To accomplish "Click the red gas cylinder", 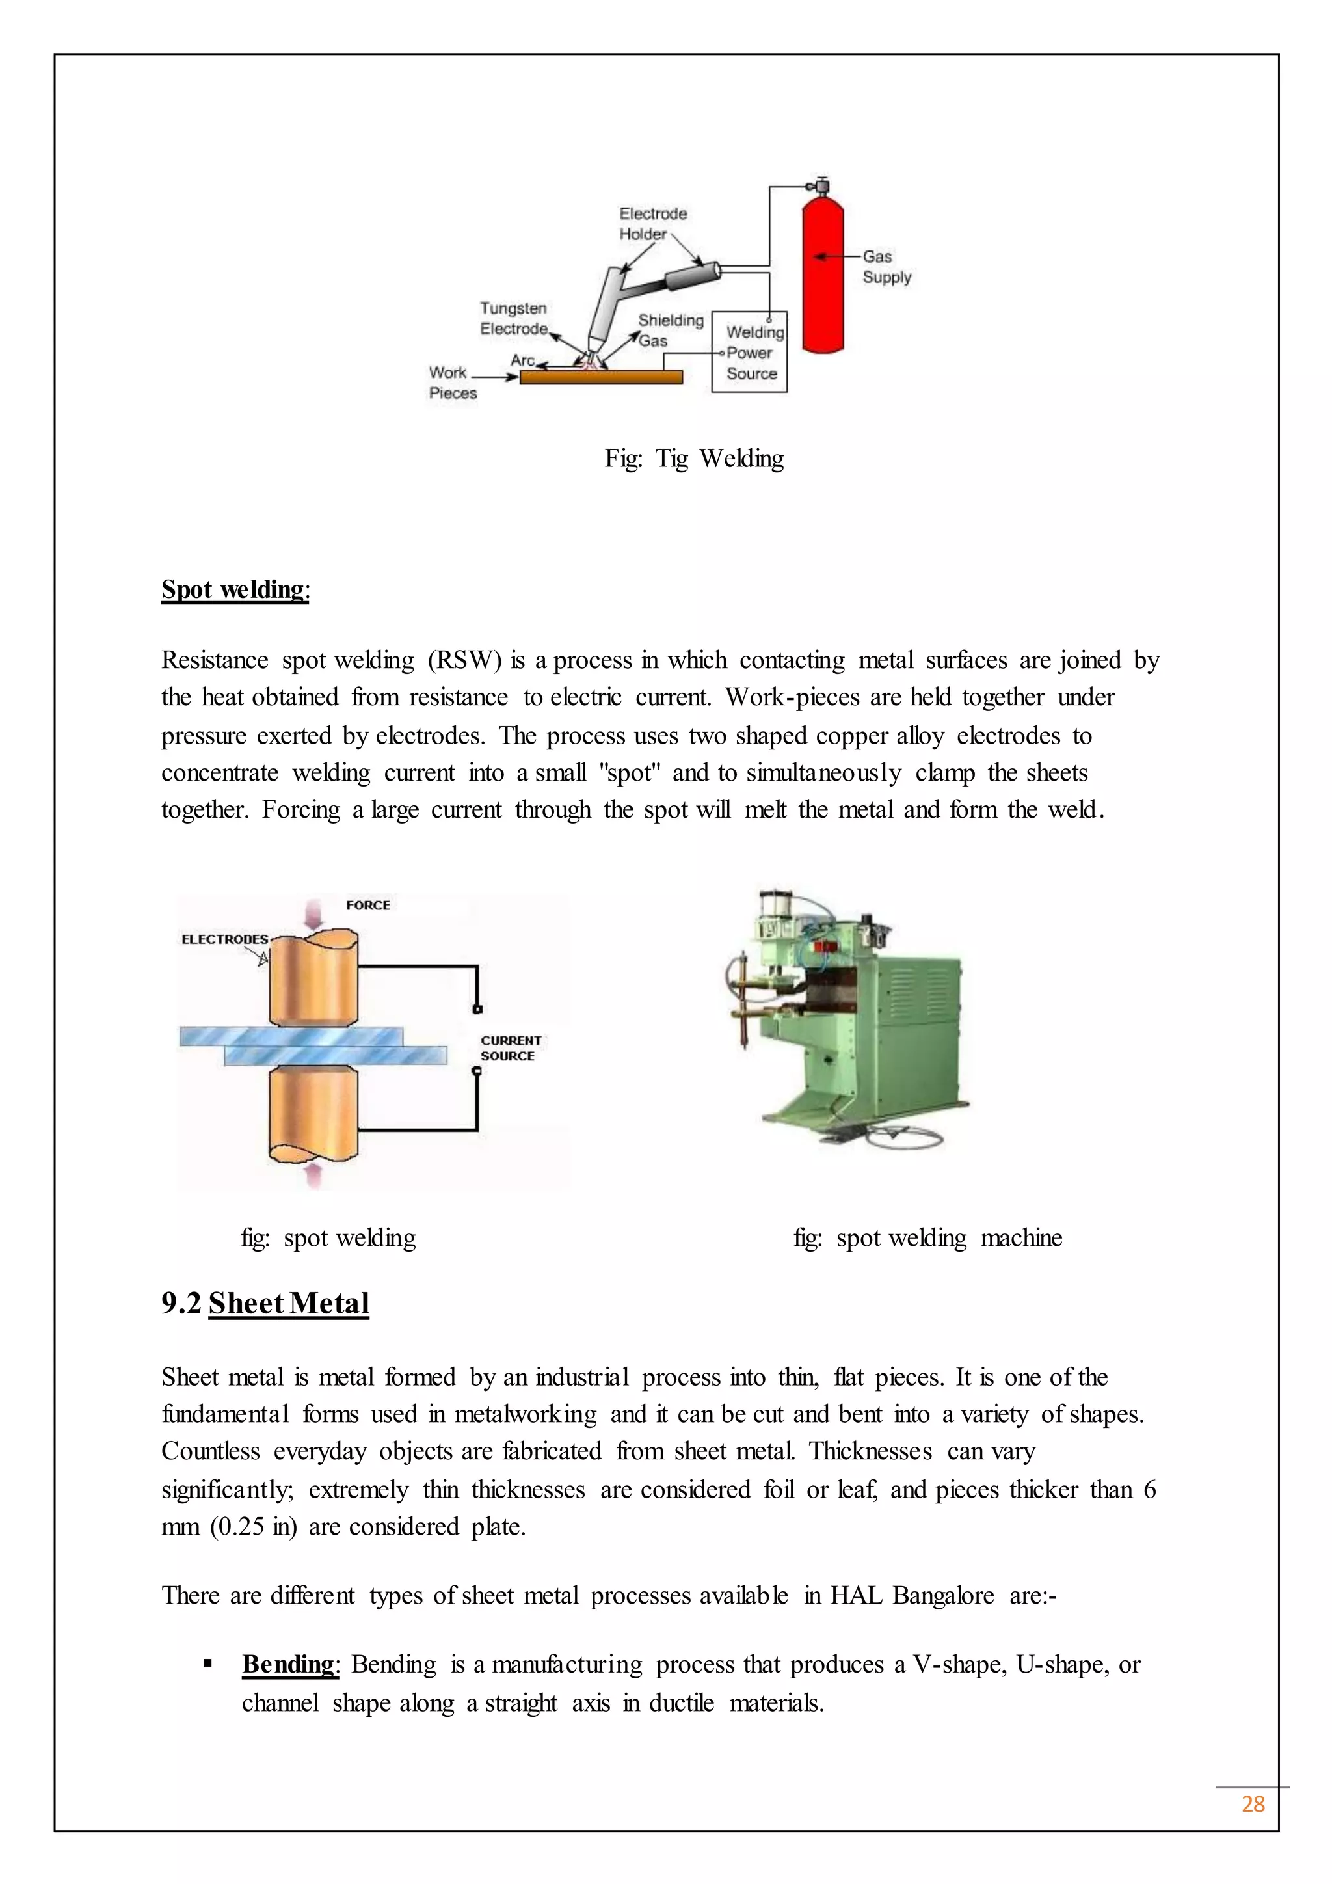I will [823, 275].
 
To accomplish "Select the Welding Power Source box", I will [749, 353].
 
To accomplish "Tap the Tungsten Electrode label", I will [513, 318].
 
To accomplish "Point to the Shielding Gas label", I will [670, 330].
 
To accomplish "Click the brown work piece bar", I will [601, 377].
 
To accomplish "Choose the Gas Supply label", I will [886, 267].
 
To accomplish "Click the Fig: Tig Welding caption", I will [694, 459].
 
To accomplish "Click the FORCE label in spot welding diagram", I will [367, 905].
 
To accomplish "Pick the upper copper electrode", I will [313, 979].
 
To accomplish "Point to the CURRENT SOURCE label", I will [510, 1048].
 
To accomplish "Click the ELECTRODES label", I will [224, 939].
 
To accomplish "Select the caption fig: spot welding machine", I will [927, 1237].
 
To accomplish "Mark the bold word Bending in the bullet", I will [289, 1664].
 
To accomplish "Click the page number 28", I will [1253, 1805].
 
